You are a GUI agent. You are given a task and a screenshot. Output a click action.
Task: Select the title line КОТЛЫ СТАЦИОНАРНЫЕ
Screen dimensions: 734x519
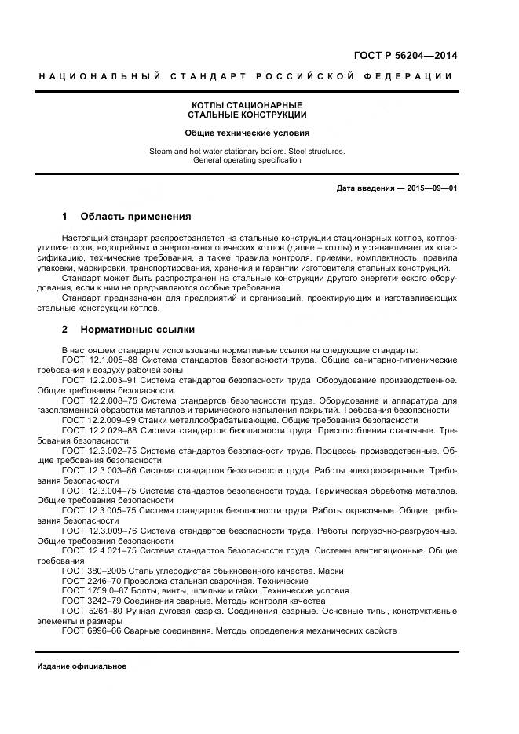247,105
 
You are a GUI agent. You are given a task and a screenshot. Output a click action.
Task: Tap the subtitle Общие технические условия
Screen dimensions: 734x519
247,133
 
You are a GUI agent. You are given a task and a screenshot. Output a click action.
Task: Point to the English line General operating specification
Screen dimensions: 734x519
247,159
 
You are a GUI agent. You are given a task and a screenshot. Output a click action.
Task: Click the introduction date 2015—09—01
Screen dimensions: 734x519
430,188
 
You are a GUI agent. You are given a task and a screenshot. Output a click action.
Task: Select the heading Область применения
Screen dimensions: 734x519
136,216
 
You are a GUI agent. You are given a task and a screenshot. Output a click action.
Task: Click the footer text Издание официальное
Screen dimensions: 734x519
82,666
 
